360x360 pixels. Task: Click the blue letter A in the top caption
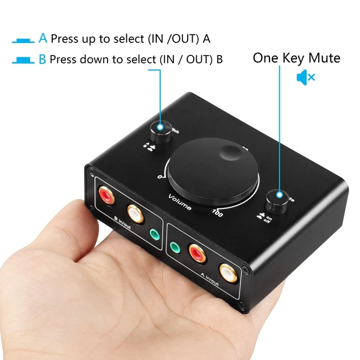click(43, 38)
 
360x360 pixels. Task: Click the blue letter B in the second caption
click(42, 59)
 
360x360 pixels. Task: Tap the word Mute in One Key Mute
click(324, 58)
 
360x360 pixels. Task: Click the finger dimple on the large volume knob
click(232, 154)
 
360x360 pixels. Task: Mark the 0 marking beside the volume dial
click(160, 176)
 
